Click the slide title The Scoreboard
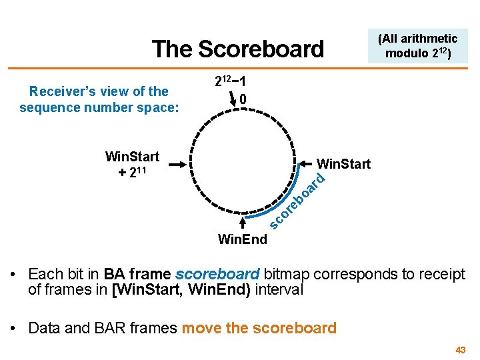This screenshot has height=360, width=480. [x=237, y=49]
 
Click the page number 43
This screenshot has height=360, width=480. [x=460, y=350]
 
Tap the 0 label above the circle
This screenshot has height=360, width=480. [x=244, y=99]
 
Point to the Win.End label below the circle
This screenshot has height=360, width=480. [x=243, y=239]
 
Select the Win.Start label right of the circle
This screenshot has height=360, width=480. [x=344, y=163]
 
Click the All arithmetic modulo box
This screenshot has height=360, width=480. [x=417, y=45]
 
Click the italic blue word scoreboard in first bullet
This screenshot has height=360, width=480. [x=217, y=274]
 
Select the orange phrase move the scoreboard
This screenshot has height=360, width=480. [x=259, y=328]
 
